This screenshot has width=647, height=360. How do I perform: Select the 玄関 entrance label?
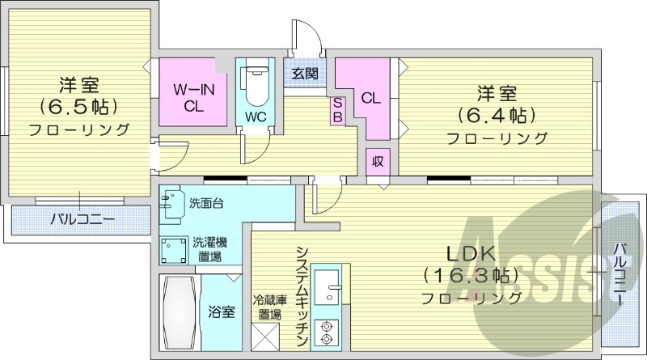[x=305, y=74]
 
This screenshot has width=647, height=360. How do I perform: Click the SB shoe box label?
[x=337, y=110]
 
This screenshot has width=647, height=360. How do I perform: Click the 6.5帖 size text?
[x=79, y=106]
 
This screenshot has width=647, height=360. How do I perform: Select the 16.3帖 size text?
[x=470, y=273]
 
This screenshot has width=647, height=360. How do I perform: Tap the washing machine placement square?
[x=174, y=250]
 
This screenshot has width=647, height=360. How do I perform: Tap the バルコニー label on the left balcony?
[x=81, y=219]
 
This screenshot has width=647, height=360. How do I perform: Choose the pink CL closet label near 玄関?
[x=370, y=99]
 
